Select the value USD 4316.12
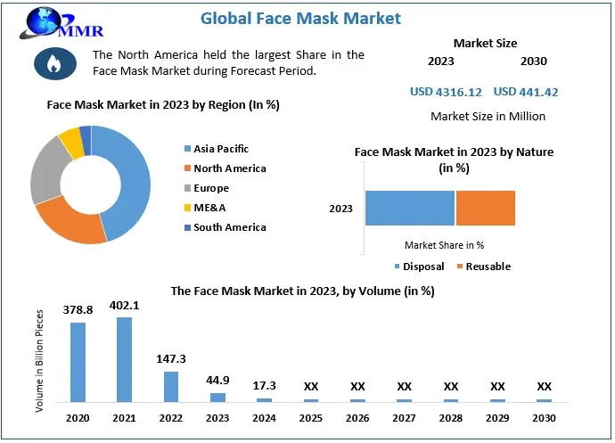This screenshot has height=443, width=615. tap(447, 92)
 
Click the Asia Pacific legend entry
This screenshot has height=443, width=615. tap(220, 149)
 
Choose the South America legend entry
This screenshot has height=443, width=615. tap(229, 227)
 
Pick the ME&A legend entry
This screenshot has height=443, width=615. tap(210, 208)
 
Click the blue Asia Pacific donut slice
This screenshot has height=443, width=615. tap(124, 183)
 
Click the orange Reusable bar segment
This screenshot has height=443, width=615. tap(486, 208)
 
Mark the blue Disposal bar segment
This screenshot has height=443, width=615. tap(410, 208)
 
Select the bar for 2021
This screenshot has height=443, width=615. tap(124, 359)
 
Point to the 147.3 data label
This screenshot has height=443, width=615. tap(170, 358)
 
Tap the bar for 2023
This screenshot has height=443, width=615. tap(217, 397)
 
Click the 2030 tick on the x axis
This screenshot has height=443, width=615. tap(544, 417)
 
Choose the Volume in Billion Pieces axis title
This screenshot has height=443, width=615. tap(39, 360)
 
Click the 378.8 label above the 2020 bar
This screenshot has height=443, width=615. tap(78, 309)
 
